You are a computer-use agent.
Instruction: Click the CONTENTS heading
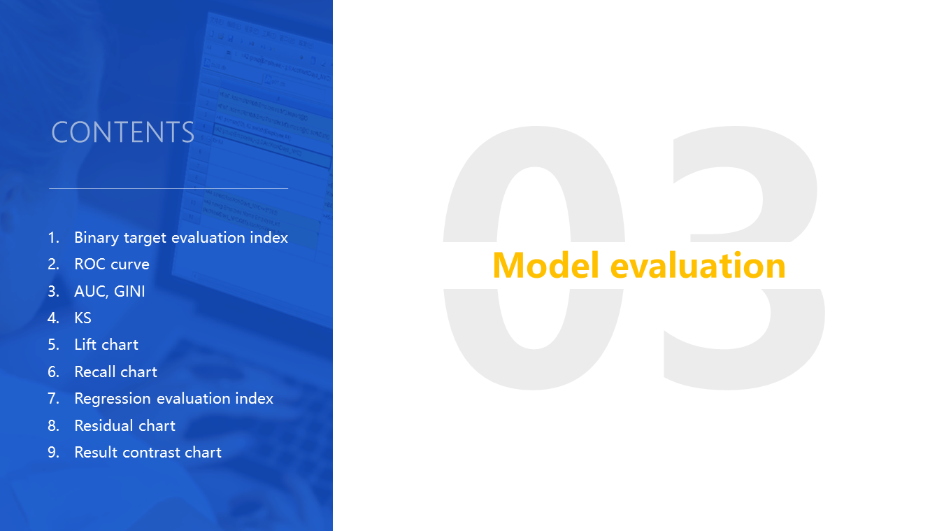tap(122, 132)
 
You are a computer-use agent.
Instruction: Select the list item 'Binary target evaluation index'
tap(181, 238)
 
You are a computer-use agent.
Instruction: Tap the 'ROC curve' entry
tap(112, 264)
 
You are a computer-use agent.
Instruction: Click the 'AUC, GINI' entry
tap(110, 292)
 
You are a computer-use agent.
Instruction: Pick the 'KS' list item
tap(83, 318)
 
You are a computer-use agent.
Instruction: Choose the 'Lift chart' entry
tap(106, 345)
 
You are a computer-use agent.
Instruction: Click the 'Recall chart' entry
tap(115, 372)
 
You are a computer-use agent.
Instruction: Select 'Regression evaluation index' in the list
tap(173, 399)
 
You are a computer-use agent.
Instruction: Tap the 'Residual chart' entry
tap(124, 425)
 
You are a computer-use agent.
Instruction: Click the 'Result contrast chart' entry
tap(148, 453)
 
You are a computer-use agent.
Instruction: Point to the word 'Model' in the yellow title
tap(545, 265)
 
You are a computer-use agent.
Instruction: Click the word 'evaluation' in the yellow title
tap(698, 265)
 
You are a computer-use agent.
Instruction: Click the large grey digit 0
tap(534, 257)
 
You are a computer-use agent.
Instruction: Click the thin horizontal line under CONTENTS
tap(169, 188)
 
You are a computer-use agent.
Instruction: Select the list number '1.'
tap(54, 238)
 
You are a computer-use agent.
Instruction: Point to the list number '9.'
tap(54, 453)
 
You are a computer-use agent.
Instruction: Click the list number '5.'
tap(54, 345)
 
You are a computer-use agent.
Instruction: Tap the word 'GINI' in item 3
tap(129, 292)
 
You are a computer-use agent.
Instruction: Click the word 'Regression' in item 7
tap(113, 399)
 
